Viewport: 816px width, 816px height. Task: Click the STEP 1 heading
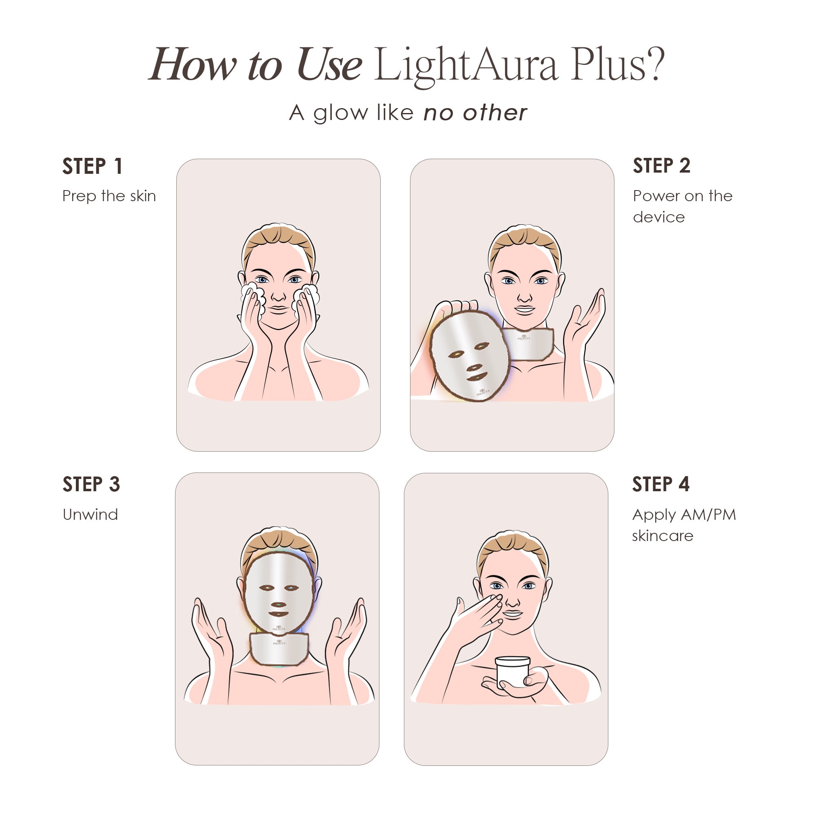point(93,166)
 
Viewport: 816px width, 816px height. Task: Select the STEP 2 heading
point(661,166)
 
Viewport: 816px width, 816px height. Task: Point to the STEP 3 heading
point(91,484)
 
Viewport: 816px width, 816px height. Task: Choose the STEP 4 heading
point(661,484)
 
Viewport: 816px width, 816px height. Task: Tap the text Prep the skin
point(109,196)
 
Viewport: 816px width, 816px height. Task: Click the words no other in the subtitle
point(475,113)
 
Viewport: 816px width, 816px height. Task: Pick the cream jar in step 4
point(512,671)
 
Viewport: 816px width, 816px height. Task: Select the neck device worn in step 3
point(279,648)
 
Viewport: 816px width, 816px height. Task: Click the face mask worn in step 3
point(279,591)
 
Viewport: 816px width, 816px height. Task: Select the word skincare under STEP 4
point(662,536)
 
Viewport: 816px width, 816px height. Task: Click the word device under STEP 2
point(659,217)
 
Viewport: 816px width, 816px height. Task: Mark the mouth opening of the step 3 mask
point(278,614)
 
